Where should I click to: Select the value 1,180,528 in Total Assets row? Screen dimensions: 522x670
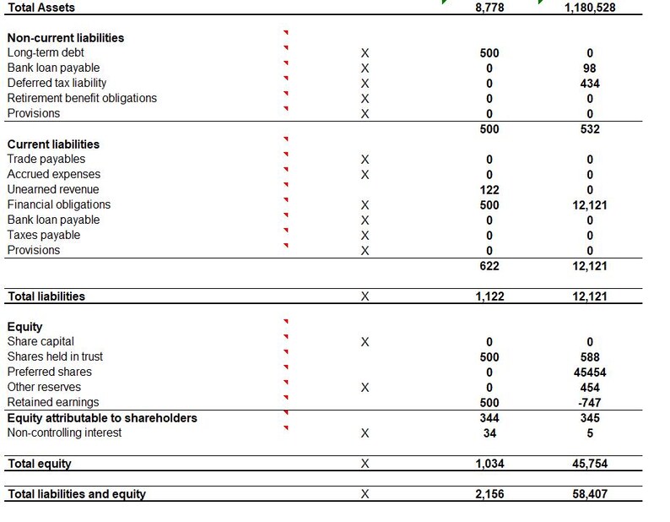click(x=589, y=8)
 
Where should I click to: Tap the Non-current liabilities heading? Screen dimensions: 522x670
click(x=65, y=38)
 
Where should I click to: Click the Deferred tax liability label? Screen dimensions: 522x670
click(x=57, y=83)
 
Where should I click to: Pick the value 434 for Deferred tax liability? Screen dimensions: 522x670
click(x=589, y=84)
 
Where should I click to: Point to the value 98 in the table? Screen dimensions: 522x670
click(x=589, y=68)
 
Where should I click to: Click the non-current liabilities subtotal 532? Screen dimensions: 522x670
click(x=589, y=129)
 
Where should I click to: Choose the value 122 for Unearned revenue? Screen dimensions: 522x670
click(x=489, y=190)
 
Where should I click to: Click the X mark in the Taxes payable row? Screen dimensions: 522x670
click(x=365, y=236)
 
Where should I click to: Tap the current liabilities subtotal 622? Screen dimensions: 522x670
click(x=489, y=266)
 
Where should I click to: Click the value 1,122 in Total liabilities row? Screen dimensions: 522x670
click(x=489, y=296)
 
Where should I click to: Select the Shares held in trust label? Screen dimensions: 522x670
click(x=55, y=356)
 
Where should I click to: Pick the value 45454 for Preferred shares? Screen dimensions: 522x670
click(x=589, y=372)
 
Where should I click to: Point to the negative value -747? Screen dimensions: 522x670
click(x=589, y=403)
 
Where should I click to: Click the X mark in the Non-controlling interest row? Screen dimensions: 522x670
click(x=365, y=433)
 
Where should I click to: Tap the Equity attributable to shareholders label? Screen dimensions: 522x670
click(x=101, y=417)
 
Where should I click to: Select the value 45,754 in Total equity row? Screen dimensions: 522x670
click(x=589, y=464)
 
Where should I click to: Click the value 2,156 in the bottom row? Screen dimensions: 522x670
click(x=489, y=494)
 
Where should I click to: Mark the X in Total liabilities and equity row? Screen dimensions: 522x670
click(x=365, y=494)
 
